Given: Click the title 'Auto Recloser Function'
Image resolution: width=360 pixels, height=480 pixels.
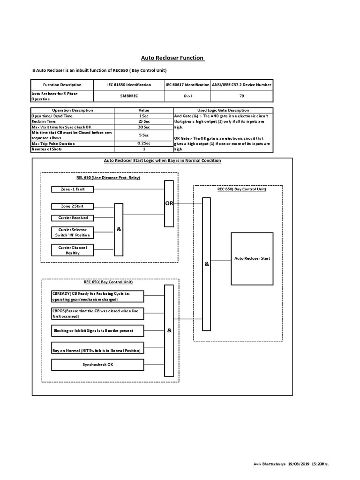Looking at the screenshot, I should tap(173, 58).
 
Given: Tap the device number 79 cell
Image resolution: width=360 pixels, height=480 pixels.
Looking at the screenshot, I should tap(241, 96).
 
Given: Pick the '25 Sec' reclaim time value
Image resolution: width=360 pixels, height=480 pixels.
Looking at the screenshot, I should tap(144, 121).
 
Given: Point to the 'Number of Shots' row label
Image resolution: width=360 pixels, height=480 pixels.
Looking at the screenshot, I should tap(46, 149).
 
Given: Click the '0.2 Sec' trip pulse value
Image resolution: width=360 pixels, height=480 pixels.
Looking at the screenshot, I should tap(144, 143).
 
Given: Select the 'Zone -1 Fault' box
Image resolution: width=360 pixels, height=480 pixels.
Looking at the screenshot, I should tap(73, 189).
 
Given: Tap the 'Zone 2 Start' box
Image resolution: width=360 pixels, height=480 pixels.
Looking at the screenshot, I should tap(73, 206).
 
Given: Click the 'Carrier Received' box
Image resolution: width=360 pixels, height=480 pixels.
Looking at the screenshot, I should tap(73, 218).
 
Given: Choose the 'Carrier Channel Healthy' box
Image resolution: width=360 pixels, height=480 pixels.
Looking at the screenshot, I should tap(73, 250).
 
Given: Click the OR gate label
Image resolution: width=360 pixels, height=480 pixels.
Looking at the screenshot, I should tap(169, 203).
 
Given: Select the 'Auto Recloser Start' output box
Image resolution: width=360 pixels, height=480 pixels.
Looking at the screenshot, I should tap(252, 258).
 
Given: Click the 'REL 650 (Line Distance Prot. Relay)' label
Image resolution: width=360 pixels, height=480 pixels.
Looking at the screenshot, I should tap(108, 178).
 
